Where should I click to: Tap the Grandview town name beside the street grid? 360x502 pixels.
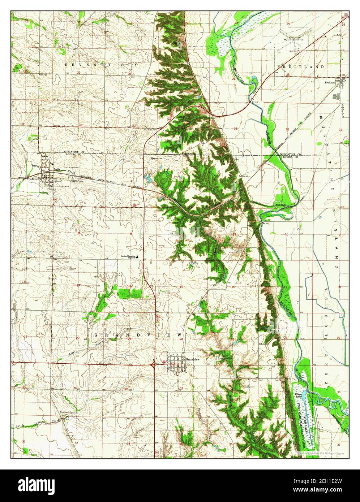[x=193, y=360]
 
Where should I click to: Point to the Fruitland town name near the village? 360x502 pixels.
[x=330, y=82]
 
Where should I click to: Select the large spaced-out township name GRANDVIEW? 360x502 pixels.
[x=139, y=336]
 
